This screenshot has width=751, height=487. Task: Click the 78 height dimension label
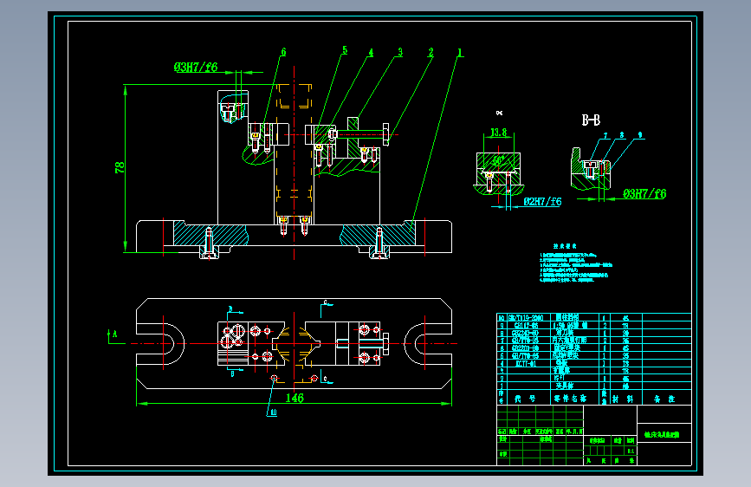point(121,167)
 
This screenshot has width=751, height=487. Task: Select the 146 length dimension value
point(295,397)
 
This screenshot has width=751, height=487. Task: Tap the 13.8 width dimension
point(498,133)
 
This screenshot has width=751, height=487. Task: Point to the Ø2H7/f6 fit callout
point(543,202)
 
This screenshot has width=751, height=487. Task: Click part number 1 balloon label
point(460,52)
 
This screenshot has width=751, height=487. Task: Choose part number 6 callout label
point(282,52)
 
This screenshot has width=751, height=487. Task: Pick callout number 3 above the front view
point(400,52)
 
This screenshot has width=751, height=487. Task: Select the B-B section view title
point(591,120)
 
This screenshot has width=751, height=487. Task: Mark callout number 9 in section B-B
point(639,135)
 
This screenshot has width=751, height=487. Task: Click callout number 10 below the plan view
point(274,413)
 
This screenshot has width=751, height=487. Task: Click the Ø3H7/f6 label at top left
point(196,67)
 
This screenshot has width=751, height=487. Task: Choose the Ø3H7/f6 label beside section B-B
point(645,194)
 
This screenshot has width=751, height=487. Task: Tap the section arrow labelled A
point(111,332)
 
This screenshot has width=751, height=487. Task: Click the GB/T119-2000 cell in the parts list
point(524,318)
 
